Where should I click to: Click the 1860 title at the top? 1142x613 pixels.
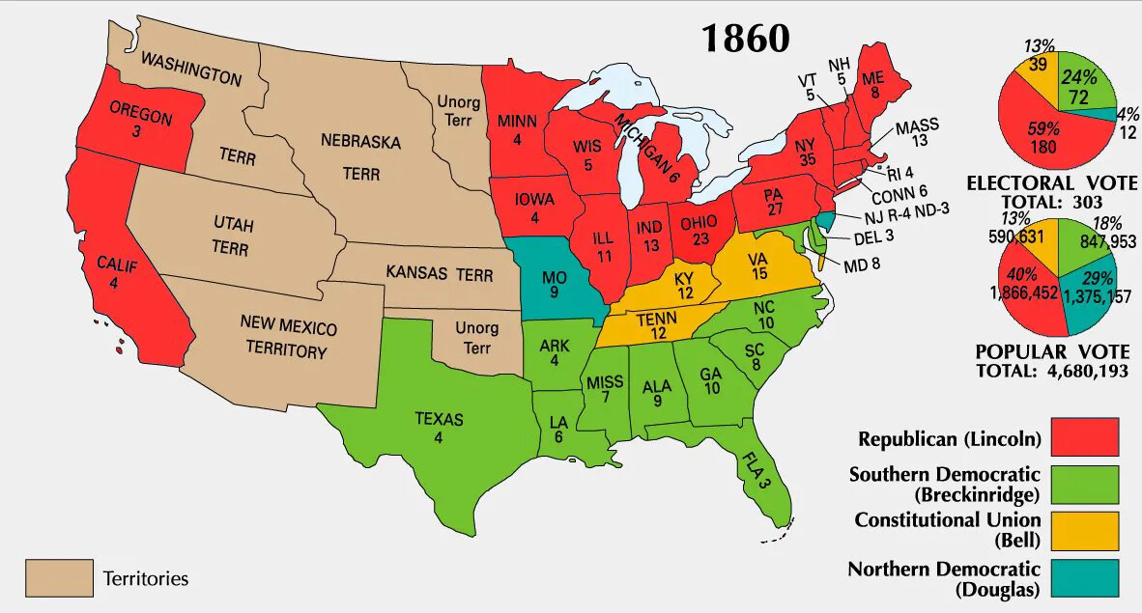pos(745,38)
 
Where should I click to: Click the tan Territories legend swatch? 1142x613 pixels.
pos(59,578)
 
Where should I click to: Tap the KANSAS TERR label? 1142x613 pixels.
pos(426,273)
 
